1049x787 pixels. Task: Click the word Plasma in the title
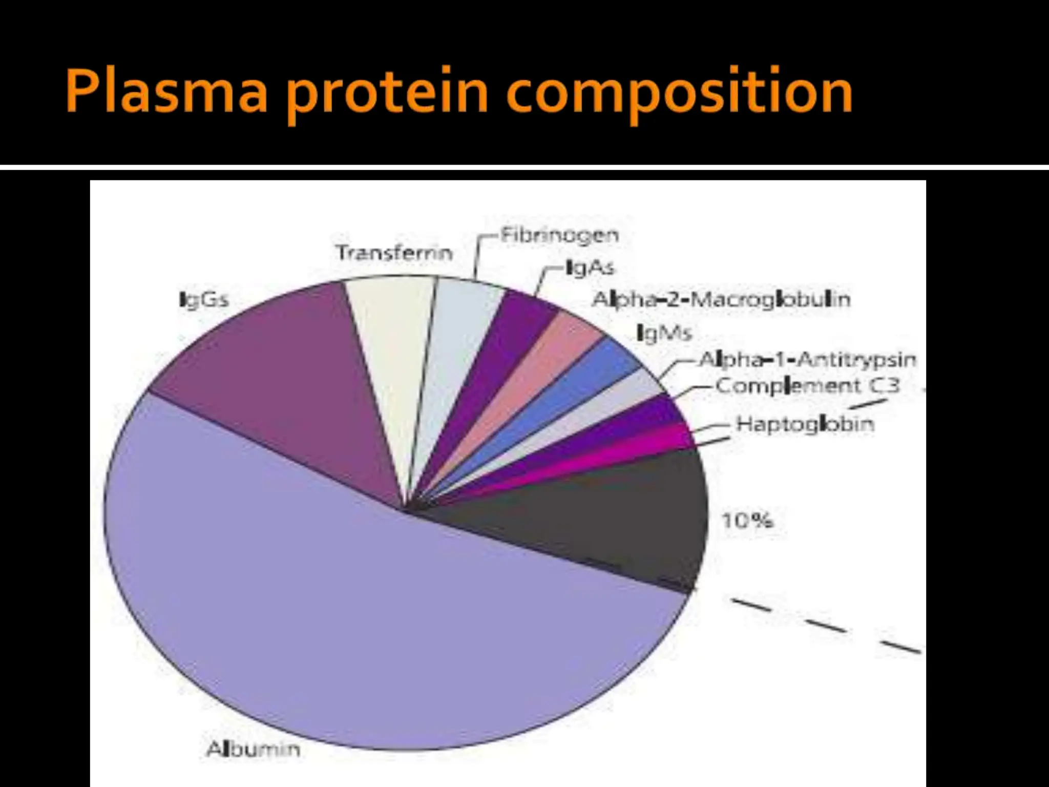pyautogui.click(x=166, y=92)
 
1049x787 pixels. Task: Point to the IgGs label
pyautogui.click(x=204, y=299)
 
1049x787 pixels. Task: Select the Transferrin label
pyautogui.click(x=394, y=253)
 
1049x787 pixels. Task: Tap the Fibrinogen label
pyautogui.click(x=559, y=235)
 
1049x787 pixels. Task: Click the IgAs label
pyautogui.click(x=589, y=267)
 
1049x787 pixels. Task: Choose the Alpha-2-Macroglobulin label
pyautogui.click(x=721, y=299)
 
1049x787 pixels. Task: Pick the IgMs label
pyautogui.click(x=664, y=333)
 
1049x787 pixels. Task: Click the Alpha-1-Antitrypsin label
pyautogui.click(x=807, y=360)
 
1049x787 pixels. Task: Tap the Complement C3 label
pyautogui.click(x=807, y=385)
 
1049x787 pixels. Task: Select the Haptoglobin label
pyautogui.click(x=805, y=424)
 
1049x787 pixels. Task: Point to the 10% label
pyautogui.click(x=747, y=521)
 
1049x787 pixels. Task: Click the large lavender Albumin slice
pyautogui.click(x=359, y=615)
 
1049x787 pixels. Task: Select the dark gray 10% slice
pyautogui.click(x=615, y=517)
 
